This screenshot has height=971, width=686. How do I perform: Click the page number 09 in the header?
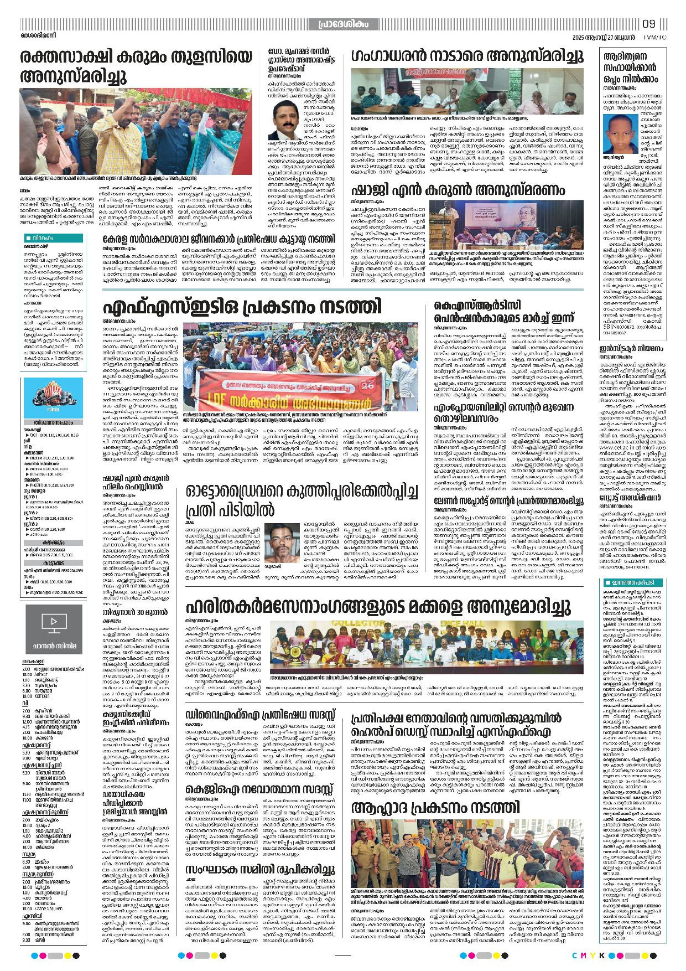click(649, 24)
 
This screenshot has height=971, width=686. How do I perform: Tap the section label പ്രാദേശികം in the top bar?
click(343, 24)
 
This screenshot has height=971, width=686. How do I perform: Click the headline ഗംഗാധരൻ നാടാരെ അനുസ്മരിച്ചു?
click(467, 56)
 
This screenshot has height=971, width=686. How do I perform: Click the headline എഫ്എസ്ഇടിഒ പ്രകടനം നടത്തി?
click(242, 306)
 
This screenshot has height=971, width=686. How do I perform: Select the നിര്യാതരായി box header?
click(53, 239)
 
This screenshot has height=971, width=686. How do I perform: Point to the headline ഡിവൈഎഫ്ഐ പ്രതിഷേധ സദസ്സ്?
click(260, 713)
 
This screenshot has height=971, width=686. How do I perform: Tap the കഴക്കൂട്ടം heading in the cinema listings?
click(53, 543)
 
